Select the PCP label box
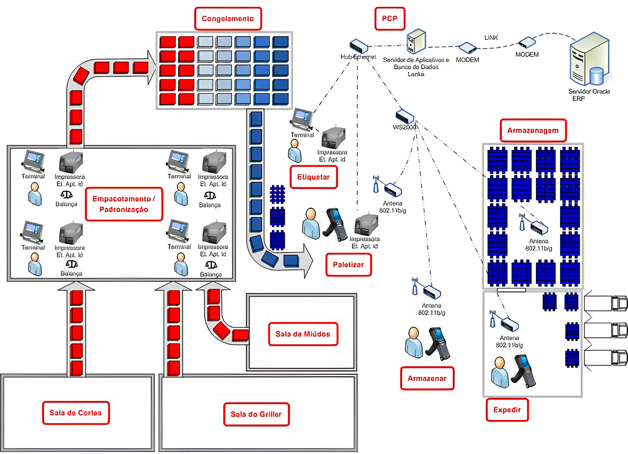[x=390, y=19]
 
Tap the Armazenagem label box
[x=533, y=130]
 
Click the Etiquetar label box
[x=313, y=177]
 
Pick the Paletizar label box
[x=348, y=265]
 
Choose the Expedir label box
[x=507, y=410]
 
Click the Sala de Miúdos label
[x=303, y=334]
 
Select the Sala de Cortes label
[x=76, y=413]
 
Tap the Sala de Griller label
[x=256, y=414]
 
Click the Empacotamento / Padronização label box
[x=124, y=204]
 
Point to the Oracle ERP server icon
[x=590, y=60]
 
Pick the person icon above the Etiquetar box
[x=294, y=151]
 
